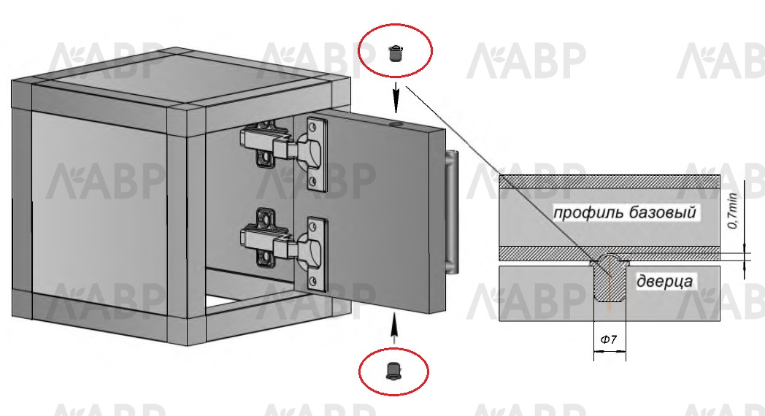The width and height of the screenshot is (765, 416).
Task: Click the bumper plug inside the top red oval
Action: (396, 53)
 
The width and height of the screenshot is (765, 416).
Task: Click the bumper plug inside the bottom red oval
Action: (394, 370)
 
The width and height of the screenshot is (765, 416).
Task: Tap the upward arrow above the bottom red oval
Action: (394, 326)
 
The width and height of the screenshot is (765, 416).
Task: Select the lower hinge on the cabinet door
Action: (281, 244)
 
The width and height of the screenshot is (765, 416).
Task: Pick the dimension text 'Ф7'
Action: (609, 339)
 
